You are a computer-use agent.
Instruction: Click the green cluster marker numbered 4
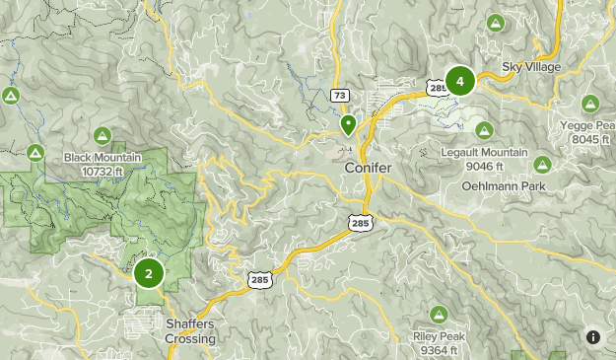pyautogui.click(x=459, y=81)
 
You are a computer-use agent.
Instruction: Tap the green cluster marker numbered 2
pyautogui.click(x=149, y=273)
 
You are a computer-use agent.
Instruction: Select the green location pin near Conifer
pyautogui.click(x=348, y=125)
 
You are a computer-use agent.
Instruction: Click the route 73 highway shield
pyautogui.click(x=339, y=96)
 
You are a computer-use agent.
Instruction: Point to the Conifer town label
pyautogui.click(x=368, y=169)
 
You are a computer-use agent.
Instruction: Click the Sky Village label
pyautogui.click(x=531, y=67)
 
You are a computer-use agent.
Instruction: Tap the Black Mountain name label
pyautogui.click(x=102, y=158)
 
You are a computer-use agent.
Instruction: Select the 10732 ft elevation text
pyautogui.click(x=102, y=172)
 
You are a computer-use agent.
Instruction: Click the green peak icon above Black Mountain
pyautogui.click(x=102, y=135)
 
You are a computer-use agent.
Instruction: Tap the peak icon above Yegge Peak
pyautogui.click(x=590, y=104)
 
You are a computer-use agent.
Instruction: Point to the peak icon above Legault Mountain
pyautogui.click(x=484, y=130)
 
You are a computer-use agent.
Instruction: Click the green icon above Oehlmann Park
pyautogui.click(x=541, y=163)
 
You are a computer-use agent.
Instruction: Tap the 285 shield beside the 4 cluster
pyautogui.click(x=438, y=88)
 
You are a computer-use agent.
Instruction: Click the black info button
pyautogui.click(x=593, y=337)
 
